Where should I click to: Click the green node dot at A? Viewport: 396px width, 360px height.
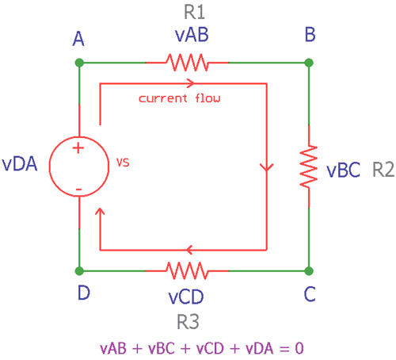[80, 62]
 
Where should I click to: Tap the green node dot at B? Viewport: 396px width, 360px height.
[310, 62]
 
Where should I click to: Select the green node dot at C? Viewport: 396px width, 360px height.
[310, 270]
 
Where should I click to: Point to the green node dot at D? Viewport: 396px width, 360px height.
[80, 270]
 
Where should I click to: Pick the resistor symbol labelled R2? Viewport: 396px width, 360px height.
[310, 167]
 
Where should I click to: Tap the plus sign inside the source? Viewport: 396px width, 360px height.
[79, 148]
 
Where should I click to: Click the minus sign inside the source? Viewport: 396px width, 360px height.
[79, 188]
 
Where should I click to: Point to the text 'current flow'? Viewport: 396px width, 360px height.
[179, 99]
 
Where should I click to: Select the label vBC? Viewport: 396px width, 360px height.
[344, 170]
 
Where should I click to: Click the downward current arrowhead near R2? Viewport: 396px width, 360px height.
[266, 169]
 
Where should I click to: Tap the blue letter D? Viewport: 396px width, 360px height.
[83, 293]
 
